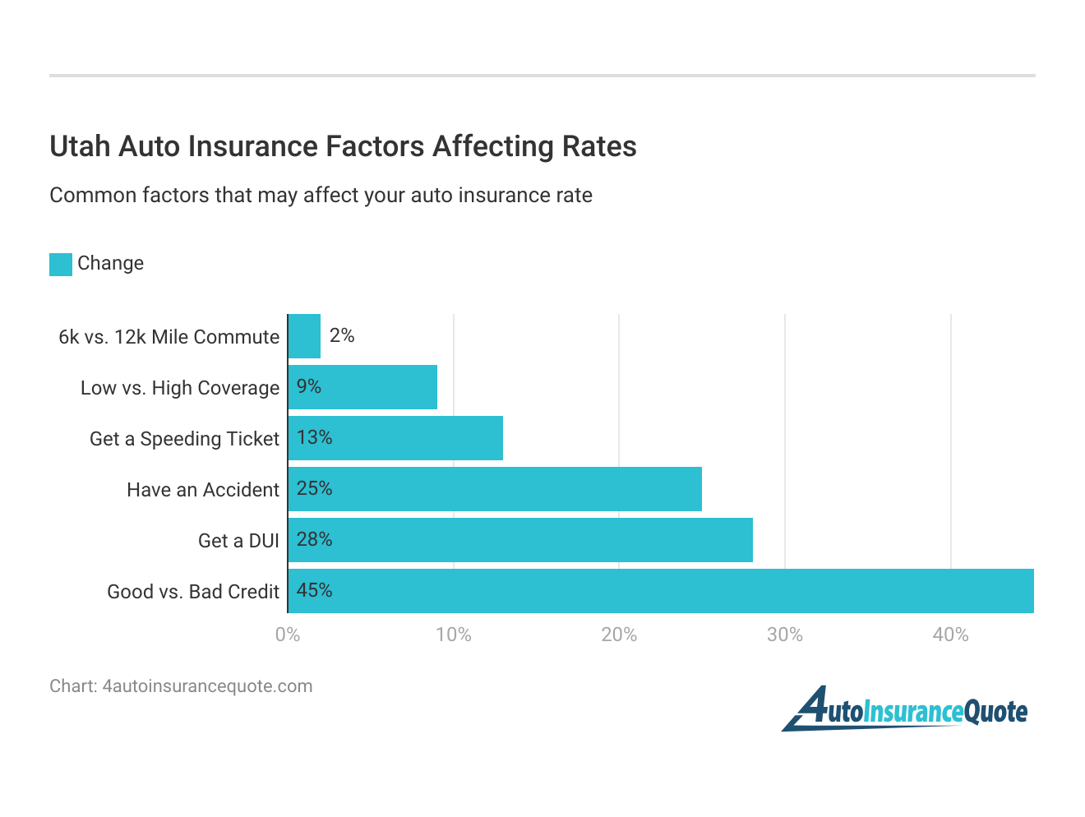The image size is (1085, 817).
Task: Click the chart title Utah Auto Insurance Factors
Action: click(x=343, y=146)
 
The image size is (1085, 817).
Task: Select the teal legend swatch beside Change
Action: click(x=61, y=264)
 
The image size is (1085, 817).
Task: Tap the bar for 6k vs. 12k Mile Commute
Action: click(x=304, y=336)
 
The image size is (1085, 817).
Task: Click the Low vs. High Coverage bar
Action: click(x=362, y=387)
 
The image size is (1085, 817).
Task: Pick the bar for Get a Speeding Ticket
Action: click(x=395, y=438)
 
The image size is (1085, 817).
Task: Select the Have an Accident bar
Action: click(x=495, y=489)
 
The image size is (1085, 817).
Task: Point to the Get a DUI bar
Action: click(x=520, y=540)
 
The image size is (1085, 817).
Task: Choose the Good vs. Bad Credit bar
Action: click(x=661, y=591)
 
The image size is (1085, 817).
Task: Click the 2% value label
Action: click(x=342, y=335)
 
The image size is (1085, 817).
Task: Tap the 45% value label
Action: click(x=314, y=590)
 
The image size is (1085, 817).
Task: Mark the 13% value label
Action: click(x=314, y=437)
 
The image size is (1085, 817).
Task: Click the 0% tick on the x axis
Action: click(x=288, y=635)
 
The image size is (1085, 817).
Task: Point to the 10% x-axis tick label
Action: click(x=454, y=635)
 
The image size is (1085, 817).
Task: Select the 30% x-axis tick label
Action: click(x=785, y=635)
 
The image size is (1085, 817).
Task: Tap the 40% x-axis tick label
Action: click(x=950, y=635)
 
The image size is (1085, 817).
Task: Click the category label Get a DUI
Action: click(x=238, y=541)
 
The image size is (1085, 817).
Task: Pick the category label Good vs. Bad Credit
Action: click(x=193, y=592)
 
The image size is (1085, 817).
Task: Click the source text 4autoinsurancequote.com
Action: click(x=207, y=686)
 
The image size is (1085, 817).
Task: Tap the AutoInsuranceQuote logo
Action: click(x=905, y=709)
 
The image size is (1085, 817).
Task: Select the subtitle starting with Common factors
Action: click(x=321, y=196)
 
